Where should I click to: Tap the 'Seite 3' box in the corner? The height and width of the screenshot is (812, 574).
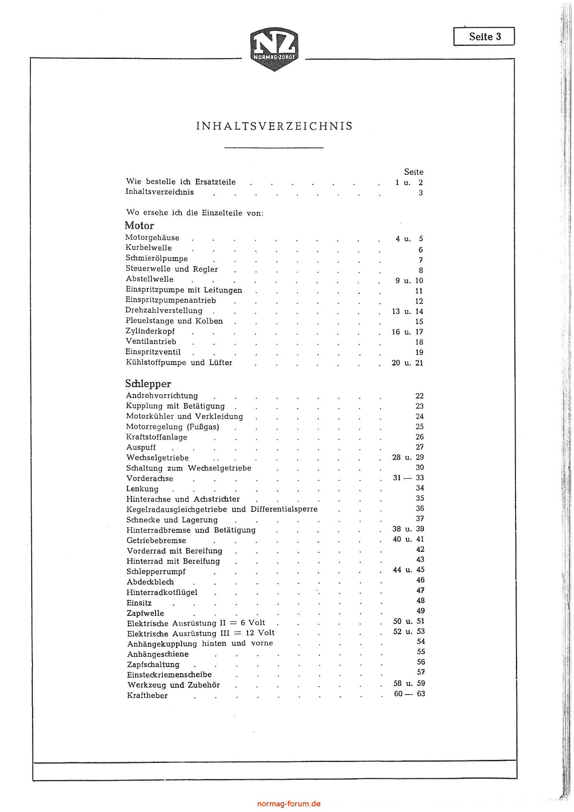pos(484,37)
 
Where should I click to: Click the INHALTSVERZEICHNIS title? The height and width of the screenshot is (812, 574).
pos(274,126)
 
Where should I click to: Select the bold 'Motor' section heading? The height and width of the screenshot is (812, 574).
pos(139,225)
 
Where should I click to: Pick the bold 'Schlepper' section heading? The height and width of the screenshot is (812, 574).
pos(148,383)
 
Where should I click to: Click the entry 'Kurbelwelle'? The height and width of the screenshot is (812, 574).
pos(149,248)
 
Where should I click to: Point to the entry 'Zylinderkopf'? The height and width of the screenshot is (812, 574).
pos(150,331)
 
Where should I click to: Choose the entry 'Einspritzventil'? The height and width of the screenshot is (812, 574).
pos(153,352)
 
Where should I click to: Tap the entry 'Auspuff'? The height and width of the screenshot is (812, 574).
pos(141,447)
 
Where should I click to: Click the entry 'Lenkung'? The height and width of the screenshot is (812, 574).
pos(142,489)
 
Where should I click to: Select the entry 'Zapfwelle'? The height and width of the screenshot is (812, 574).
pos(145,613)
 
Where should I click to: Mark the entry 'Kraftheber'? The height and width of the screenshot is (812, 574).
pos(147,695)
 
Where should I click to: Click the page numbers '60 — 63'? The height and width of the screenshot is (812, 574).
pos(409,693)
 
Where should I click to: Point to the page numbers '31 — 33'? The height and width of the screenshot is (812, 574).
pos(408,478)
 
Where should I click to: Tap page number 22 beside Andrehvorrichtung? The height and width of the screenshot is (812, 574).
pos(419,396)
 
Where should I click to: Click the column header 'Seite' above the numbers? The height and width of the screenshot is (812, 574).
pos(414,172)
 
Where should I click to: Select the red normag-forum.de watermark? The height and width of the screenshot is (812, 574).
pos(289,803)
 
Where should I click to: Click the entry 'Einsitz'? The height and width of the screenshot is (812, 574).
pos(139,603)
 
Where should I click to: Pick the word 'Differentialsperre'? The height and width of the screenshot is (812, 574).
pos(284,509)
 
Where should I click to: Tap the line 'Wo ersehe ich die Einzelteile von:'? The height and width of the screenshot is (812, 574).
pos(195,212)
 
